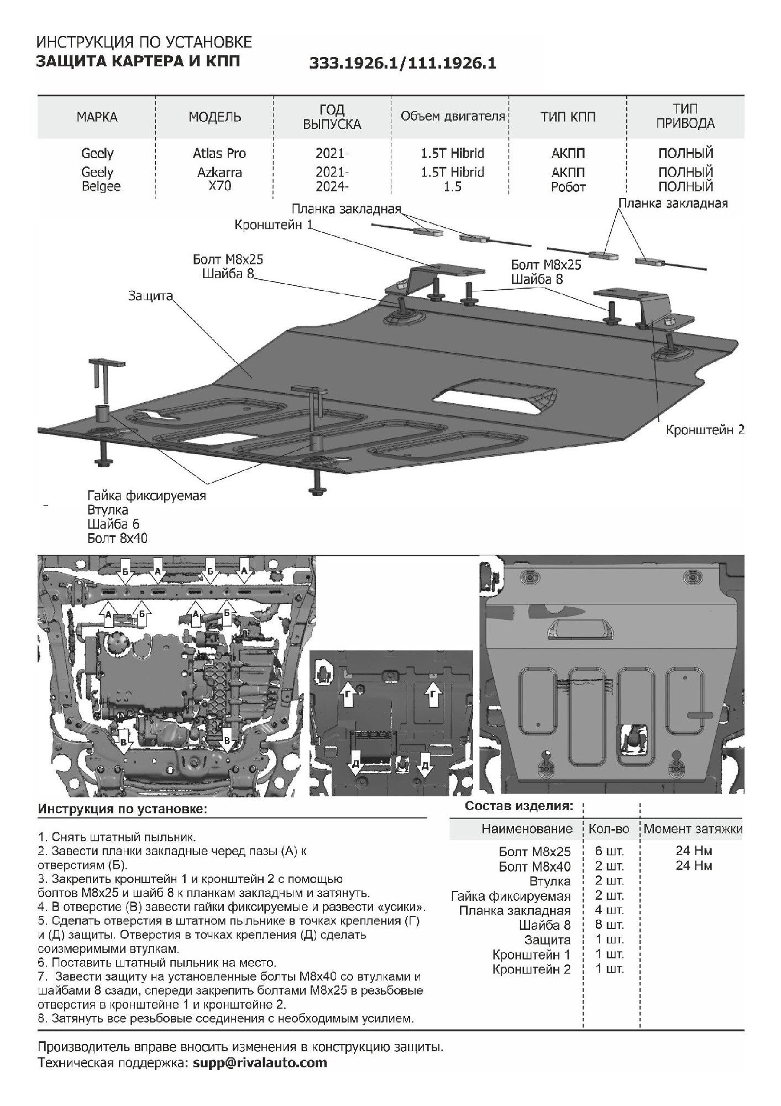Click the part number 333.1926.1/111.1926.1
point(402,64)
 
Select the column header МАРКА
point(97,117)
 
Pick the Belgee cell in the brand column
point(101,186)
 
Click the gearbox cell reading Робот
point(568,187)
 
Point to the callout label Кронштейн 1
point(274,225)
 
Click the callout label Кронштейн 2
point(705,430)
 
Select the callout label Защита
point(150,296)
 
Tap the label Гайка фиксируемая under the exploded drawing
point(146,495)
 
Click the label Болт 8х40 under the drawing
point(117,538)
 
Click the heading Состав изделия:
point(518,806)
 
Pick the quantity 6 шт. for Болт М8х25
point(610,852)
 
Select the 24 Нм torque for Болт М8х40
point(694,865)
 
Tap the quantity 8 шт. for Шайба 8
point(610,925)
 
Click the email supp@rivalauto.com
point(260,1062)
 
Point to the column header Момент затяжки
point(693,829)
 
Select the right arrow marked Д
point(425,765)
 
